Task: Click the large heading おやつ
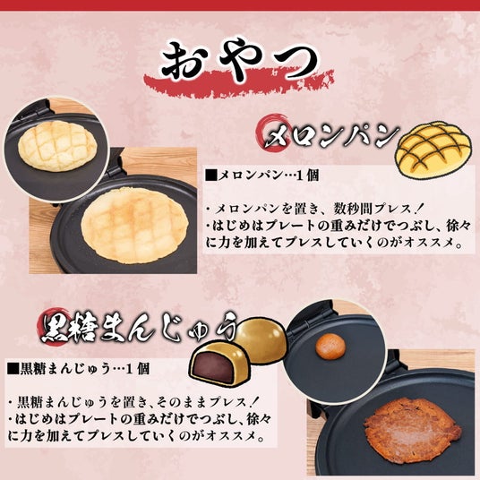point(240,61)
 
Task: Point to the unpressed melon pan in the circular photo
point(57,145)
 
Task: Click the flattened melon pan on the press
point(134,226)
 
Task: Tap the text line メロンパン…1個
point(262,176)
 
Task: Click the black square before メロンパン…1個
point(211,176)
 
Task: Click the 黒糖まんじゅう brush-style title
point(140,328)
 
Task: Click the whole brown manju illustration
point(261,339)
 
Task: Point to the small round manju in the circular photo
point(330,347)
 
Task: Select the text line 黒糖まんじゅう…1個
point(79,369)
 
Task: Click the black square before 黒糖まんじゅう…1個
point(13,369)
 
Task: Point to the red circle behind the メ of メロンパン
point(272,132)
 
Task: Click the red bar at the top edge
point(240,5)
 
